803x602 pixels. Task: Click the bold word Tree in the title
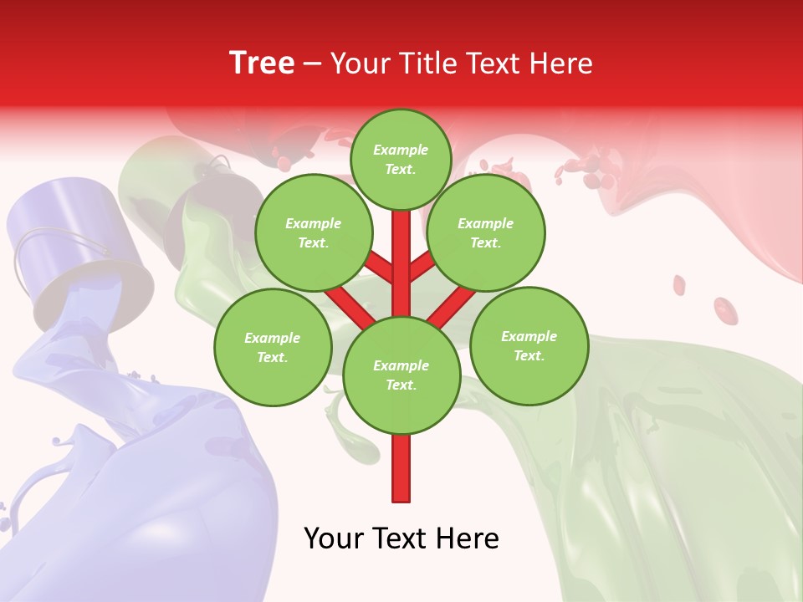tap(262, 63)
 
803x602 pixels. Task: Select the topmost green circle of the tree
tap(401, 159)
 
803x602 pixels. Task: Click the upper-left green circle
tap(314, 232)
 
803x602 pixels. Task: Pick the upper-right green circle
tap(485, 232)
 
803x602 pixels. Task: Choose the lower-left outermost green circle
tap(273, 347)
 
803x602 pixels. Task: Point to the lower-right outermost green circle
tap(529, 345)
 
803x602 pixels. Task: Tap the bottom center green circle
tap(401, 375)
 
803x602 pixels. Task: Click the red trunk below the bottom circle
tap(401, 468)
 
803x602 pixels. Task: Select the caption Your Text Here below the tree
tap(401, 538)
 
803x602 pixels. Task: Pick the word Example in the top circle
tap(401, 150)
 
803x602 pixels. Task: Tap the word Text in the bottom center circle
tap(401, 385)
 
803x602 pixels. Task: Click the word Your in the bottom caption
tap(333, 538)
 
